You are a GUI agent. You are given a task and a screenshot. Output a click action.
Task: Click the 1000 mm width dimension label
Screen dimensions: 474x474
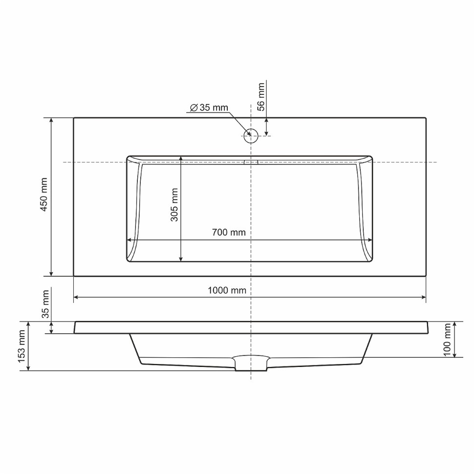click(227, 290)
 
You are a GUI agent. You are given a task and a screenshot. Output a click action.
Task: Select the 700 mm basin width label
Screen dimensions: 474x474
click(229, 233)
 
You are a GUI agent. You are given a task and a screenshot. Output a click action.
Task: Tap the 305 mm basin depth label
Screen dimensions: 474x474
click(174, 205)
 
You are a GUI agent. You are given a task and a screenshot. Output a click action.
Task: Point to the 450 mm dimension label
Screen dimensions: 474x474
click(44, 194)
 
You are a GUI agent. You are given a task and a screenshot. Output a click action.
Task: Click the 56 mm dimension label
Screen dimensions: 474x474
click(261, 97)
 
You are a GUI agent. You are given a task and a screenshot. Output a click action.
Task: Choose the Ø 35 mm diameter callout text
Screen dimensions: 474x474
click(209, 108)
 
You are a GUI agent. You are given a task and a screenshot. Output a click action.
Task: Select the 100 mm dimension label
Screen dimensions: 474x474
click(448, 340)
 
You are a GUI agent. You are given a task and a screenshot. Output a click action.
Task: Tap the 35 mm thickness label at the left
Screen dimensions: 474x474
click(45, 304)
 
